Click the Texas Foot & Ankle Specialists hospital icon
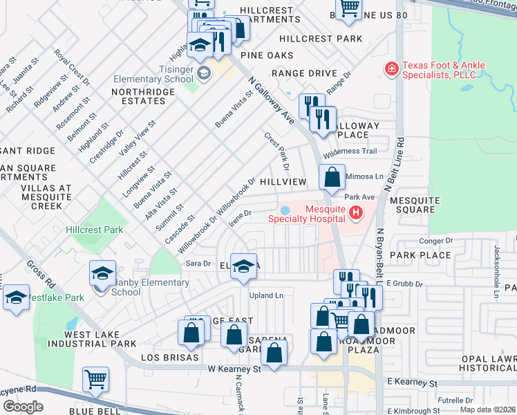392,69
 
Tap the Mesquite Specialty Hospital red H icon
356,212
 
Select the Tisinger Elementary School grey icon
204,73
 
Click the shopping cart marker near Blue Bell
95,378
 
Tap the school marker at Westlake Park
16,298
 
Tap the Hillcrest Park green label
93,230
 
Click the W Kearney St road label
234,369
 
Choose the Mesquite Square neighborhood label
415,206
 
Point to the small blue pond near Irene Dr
285,211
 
